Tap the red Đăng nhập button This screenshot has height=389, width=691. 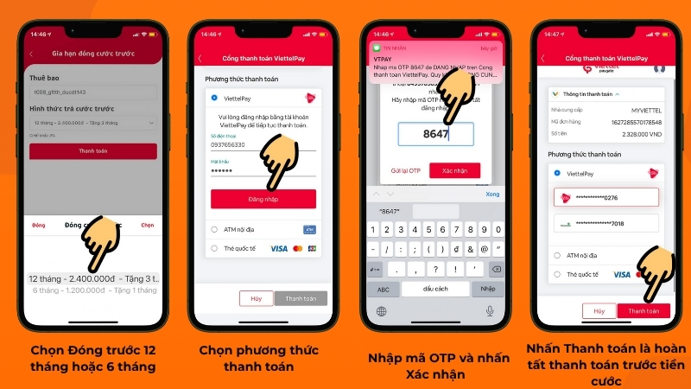pos(263,199)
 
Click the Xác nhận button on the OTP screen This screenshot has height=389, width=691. pos(454,170)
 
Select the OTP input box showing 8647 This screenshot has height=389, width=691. pos(436,134)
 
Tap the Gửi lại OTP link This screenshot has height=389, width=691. pos(405,170)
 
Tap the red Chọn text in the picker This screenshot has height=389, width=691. pos(148,225)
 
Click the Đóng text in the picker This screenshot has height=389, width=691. pos(39,225)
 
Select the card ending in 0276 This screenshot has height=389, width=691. pos(605,198)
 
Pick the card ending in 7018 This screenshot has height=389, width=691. pos(605,223)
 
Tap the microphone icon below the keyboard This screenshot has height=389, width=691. pos(490,310)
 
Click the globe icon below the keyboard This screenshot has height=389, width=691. pos(382,310)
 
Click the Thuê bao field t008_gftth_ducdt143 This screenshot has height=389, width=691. pos(93,91)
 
